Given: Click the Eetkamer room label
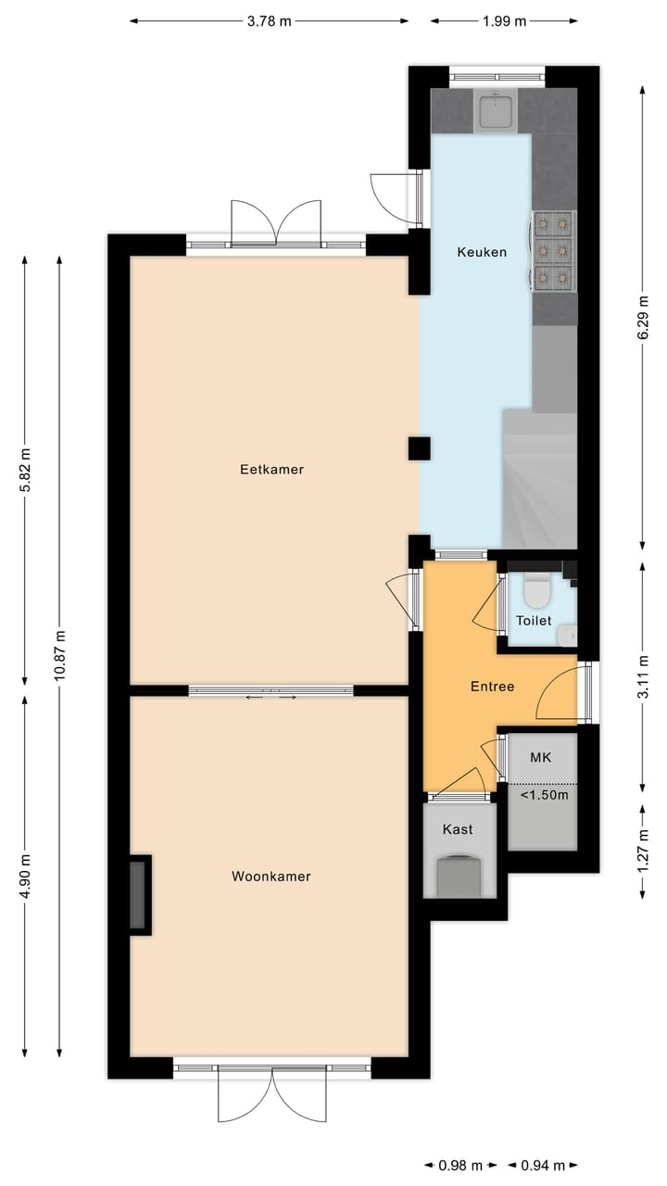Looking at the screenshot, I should (x=271, y=470).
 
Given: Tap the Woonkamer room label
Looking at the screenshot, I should (x=271, y=877).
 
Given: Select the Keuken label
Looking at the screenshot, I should (x=482, y=252).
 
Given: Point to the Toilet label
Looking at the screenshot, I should (x=534, y=621).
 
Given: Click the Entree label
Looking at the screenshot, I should (x=492, y=687).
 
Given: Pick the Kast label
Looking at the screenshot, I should (x=457, y=829).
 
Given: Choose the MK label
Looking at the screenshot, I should (x=540, y=758).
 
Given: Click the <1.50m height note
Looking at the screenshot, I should (x=544, y=795).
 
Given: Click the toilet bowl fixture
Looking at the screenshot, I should (x=536, y=589).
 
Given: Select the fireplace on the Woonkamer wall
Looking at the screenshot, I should (x=138, y=895).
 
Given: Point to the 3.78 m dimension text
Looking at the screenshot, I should (x=269, y=21).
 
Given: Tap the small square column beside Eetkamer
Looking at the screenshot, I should (x=419, y=448).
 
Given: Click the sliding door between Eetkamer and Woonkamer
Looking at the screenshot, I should (x=271, y=690).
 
